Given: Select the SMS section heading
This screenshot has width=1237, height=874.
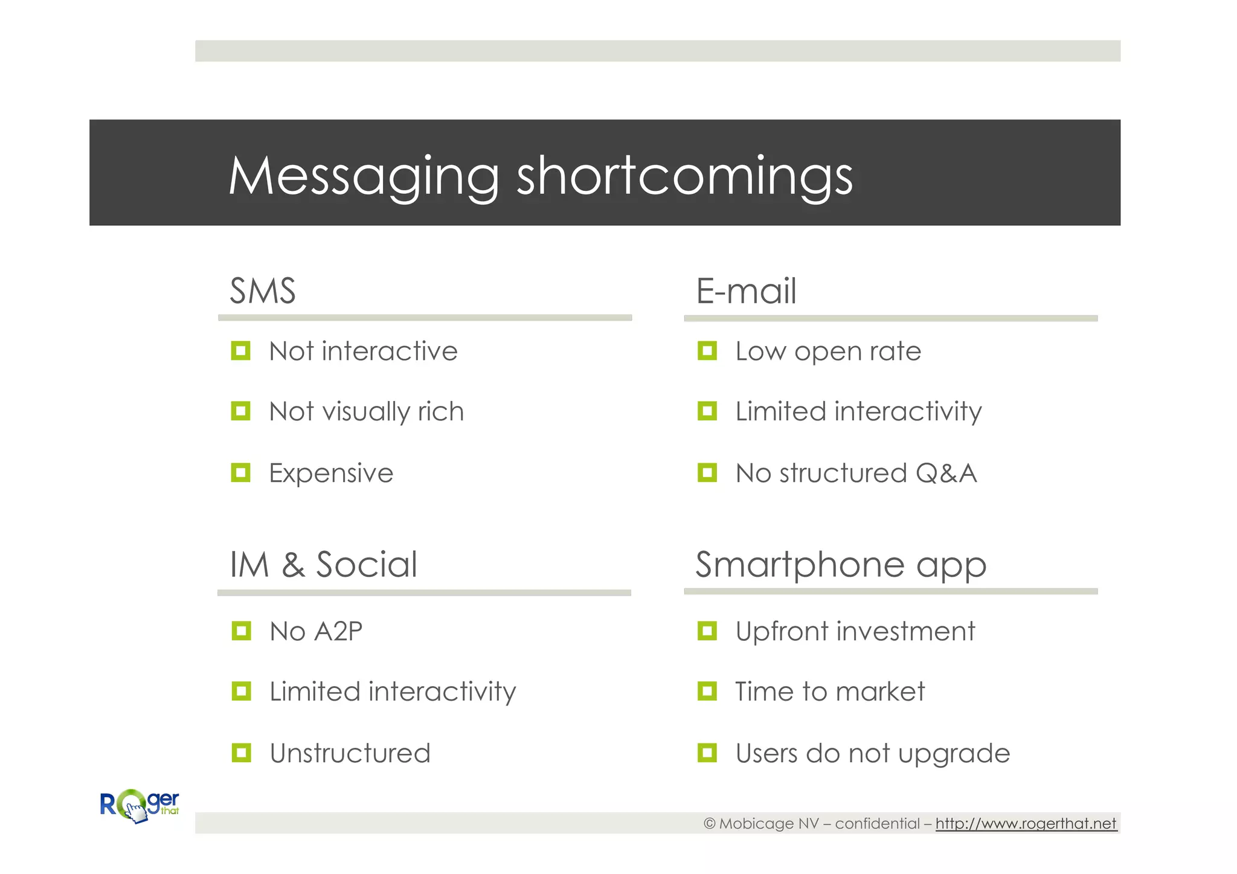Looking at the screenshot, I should point(263,291).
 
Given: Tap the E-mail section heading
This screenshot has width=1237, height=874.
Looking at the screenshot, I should point(746,291).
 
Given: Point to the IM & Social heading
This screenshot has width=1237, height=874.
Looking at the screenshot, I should point(324,565).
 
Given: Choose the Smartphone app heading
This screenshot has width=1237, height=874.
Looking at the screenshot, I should point(841,565).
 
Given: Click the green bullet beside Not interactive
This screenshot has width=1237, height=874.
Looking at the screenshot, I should point(240,351).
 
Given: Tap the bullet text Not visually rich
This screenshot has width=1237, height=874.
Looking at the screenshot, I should point(366,412).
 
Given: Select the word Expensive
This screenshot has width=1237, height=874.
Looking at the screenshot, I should point(331,473).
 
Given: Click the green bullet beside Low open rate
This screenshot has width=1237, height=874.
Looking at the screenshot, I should point(707,351).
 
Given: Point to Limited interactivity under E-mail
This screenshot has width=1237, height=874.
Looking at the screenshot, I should point(858,412).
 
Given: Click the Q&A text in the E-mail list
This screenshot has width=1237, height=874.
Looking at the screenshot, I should point(946,473).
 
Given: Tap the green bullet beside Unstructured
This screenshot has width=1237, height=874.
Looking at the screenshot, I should point(241,753).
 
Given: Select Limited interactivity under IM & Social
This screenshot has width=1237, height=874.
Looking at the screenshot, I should point(393,692).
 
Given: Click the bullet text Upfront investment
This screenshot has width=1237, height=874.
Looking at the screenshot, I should point(855,632).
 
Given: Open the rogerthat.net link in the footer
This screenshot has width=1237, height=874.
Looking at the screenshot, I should point(1026,824).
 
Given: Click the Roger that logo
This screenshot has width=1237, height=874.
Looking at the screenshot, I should point(140,806).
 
